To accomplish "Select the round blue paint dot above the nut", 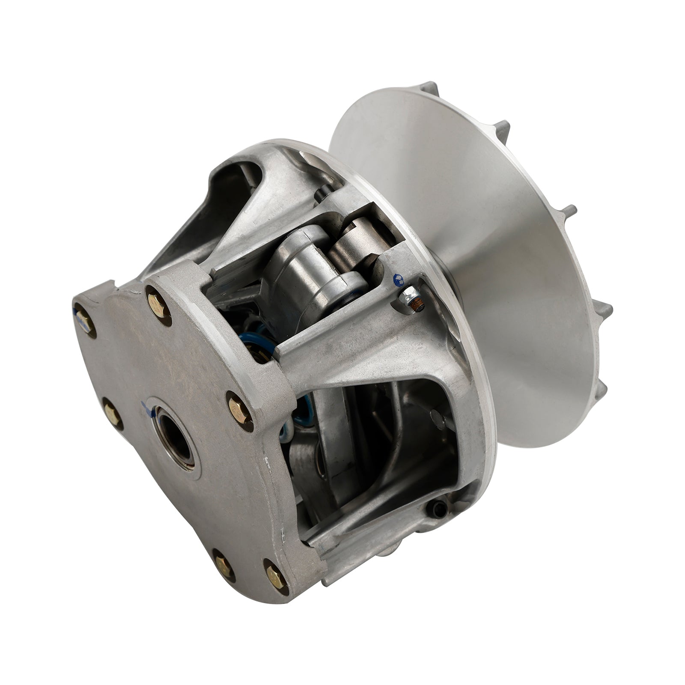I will [399, 279].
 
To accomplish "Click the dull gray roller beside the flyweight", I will [352, 247].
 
